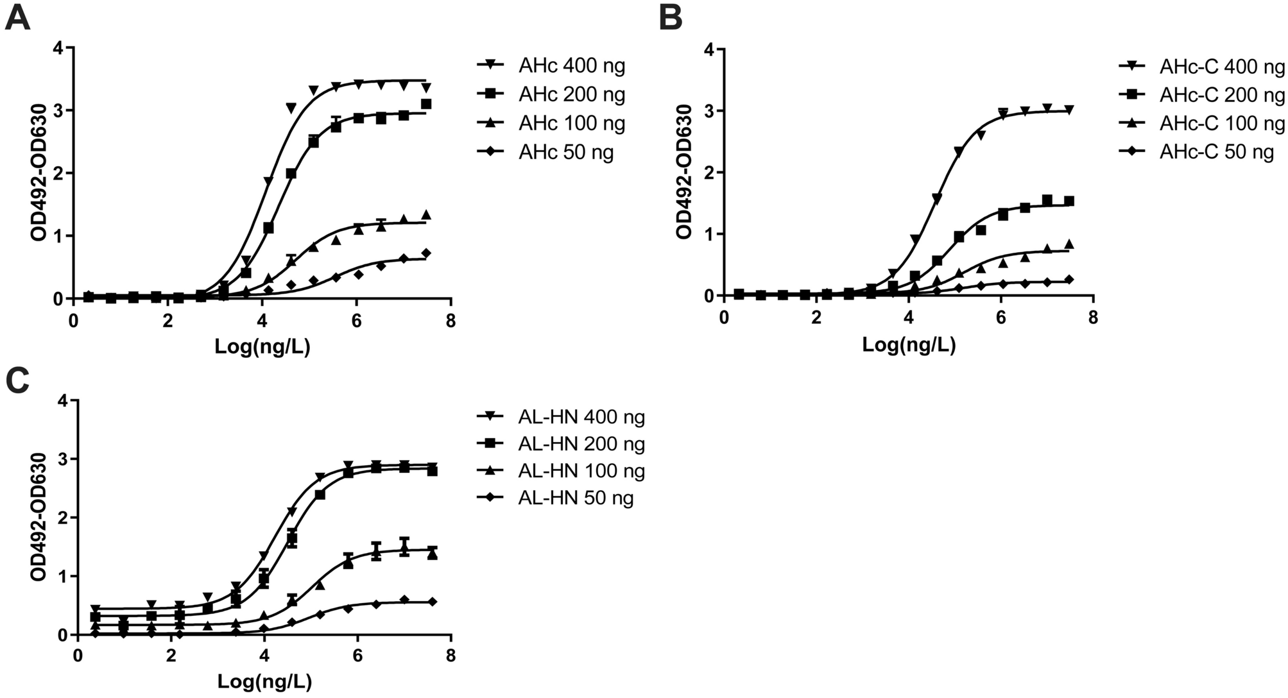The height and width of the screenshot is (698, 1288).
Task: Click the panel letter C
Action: pyautogui.click(x=17, y=380)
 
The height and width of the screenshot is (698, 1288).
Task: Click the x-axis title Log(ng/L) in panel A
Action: pyautogui.click(x=262, y=347)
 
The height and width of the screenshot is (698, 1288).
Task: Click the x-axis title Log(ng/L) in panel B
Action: pyautogui.click(x=908, y=345)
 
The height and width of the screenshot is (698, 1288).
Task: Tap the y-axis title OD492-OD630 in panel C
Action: pyautogui.click(x=39, y=517)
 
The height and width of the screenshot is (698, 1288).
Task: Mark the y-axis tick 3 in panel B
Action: pyautogui.click(x=709, y=111)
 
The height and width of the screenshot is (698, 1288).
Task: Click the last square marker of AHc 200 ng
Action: pyautogui.click(x=426, y=104)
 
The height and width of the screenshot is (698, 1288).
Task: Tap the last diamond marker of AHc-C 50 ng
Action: pyautogui.click(x=1069, y=280)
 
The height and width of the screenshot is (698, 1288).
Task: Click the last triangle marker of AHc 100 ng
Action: pyautogui.click(x=426, y=215)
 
